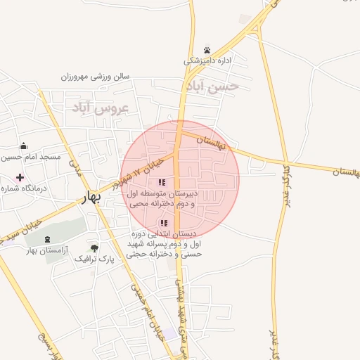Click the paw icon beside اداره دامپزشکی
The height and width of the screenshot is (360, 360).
(x=207, y=50)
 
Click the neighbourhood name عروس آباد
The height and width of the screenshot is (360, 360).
(x=101, y=109)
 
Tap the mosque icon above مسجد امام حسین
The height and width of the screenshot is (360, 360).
(x=24, y=146)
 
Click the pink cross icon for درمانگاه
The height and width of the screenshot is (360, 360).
(x=20, y=176)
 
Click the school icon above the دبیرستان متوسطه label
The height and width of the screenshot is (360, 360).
(x=162, y=182)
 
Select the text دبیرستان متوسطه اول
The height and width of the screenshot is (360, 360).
(x=162, y=193)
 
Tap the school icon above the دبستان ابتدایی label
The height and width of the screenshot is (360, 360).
(x=164, y=224)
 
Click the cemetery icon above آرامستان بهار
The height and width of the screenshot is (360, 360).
(x=48, y=240)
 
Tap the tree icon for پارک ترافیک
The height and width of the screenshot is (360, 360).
(x=94, y=247)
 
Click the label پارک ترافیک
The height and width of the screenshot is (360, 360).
(x=94, y=258)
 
